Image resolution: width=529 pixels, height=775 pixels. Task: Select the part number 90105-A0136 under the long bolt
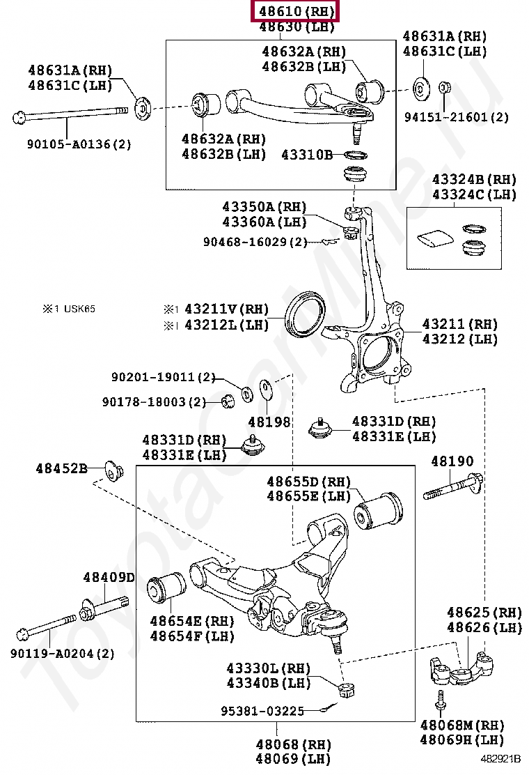[79, 144]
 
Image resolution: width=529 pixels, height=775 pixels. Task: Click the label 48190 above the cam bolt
[452, 461]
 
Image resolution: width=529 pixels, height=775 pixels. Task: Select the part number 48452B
[61, 468]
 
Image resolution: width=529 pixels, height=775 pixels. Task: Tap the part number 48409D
[109, 577]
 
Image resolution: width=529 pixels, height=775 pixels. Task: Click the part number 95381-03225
[262, 711]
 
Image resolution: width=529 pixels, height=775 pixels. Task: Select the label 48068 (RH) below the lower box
[292, 744]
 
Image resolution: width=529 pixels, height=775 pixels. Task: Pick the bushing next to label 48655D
[378, 511]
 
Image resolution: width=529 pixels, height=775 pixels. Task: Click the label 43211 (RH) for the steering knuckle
[460, 324]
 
